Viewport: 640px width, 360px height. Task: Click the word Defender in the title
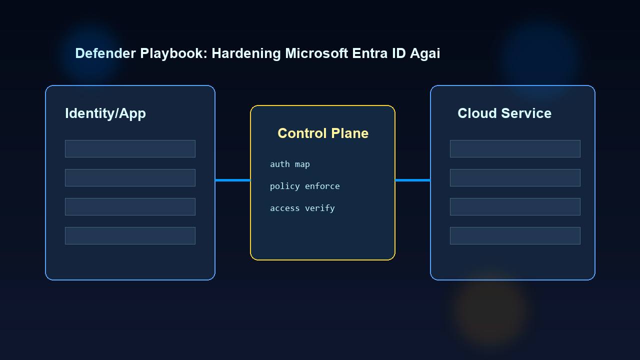click(105, 53)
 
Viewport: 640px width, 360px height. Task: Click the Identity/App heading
click(105, 113)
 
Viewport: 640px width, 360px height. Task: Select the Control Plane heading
click(323, 133)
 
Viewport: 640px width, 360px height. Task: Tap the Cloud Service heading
click(504, 113)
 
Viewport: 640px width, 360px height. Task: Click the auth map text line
click(290, 164)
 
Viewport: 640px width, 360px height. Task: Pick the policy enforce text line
click(305, 186)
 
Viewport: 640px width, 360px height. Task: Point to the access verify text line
click(302, 208)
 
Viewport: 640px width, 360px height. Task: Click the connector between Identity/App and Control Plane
click(232, 180)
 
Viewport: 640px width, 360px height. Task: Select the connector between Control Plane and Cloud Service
click(412, 180)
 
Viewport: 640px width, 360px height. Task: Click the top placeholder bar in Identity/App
click(130, 148)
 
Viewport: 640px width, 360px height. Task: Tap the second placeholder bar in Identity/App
click(130, 177)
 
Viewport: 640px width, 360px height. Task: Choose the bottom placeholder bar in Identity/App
click(130, 235)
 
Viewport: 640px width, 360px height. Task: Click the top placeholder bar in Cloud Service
click(515, 148)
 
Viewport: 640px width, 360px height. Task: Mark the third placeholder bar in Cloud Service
click(515, 206)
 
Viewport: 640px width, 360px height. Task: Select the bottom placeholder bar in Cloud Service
click(515, 235)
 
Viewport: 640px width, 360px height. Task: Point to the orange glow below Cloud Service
click(490, 310)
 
